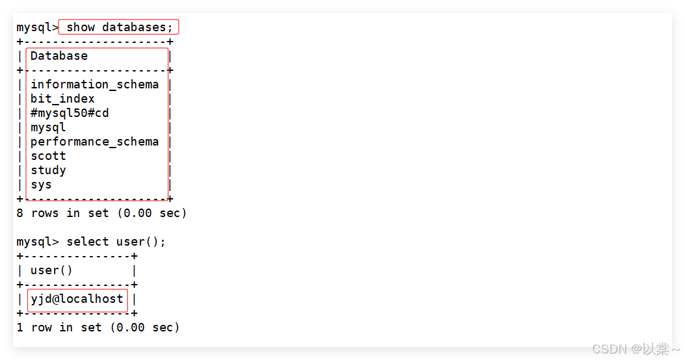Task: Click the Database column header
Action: (58, 56)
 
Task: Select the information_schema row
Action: (94, 84)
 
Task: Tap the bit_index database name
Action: (62, 99)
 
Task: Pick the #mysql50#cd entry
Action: (70, 113)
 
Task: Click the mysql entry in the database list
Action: (48, 127)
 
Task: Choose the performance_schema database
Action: (94, 142)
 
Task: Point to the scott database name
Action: (48, 156)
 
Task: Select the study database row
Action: (48, 170)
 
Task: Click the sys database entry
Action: (41, 185)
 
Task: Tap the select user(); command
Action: (116, 242)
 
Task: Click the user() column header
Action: (51, 270)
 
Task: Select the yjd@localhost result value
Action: (77, 299)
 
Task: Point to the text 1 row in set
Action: (58, 328)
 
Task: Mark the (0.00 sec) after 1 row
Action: (144, 328)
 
